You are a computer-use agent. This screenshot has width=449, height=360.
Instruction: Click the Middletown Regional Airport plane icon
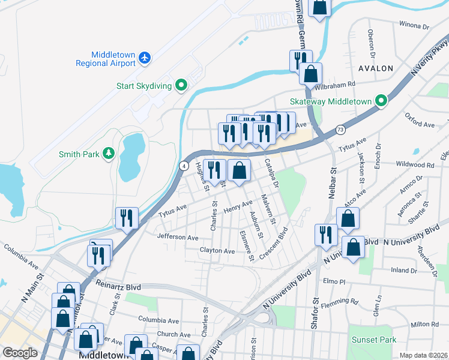pos(144,58)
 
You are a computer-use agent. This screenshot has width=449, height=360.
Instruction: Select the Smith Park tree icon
pos(108,154)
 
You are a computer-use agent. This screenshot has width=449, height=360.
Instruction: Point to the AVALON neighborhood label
pos(376,68)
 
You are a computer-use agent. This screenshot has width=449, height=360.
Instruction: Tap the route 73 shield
pos(340,129)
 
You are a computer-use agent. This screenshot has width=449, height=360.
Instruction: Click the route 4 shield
pos(184,165)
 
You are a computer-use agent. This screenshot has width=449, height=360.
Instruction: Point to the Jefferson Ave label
pos(178,238)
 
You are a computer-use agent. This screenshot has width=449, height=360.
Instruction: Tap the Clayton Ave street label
pos(217,250)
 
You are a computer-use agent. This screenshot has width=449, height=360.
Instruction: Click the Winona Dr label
pos(414,26)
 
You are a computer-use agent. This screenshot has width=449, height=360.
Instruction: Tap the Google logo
pos(20,353)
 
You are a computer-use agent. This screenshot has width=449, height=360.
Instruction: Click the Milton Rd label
pos(426,325)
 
